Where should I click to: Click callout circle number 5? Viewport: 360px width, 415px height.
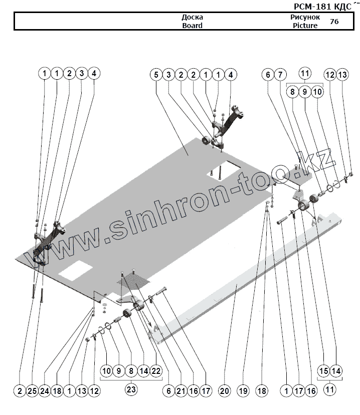pos(156,74)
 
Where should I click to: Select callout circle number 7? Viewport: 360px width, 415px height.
pos(280,74)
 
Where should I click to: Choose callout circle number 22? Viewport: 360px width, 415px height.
pos(155,371)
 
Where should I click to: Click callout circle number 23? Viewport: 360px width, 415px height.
pos(130,389)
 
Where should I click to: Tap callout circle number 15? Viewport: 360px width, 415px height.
pos(324,371)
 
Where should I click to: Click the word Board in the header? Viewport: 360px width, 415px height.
pos(192,25)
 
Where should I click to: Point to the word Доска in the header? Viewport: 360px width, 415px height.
pos(192,17)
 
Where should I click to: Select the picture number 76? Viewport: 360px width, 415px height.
pos(334,21)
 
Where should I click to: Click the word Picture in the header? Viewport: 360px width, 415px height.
pos(305,25)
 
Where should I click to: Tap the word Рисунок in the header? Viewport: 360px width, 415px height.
pos(305,17)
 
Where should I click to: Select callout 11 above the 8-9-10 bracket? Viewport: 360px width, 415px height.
pos(305,74)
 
